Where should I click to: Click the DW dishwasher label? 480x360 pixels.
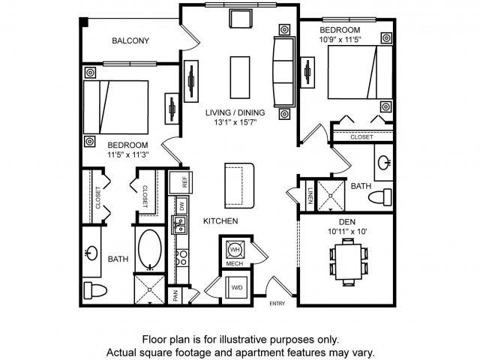pos(180,205)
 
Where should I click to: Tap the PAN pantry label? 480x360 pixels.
pos(175,296)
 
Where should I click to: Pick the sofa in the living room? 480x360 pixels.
pos(283,71)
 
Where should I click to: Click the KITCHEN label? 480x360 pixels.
pos(220,221)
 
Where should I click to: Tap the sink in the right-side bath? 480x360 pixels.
pos(384,161)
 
